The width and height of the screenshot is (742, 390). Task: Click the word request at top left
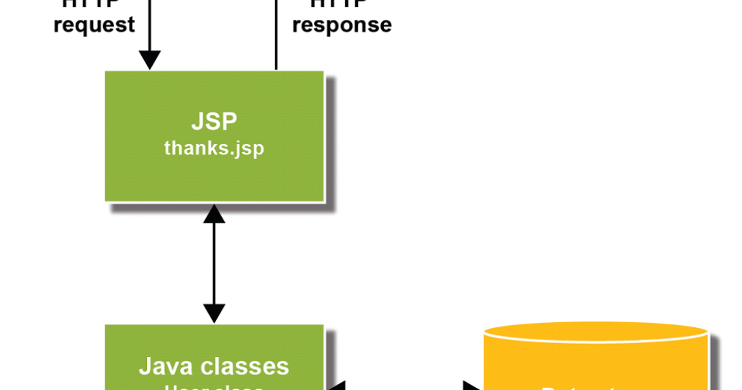pos(94,25)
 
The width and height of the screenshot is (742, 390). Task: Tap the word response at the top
pos(342,25)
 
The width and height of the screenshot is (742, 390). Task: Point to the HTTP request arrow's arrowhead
pos(149,61)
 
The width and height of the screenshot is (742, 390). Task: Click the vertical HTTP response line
pos(276,36)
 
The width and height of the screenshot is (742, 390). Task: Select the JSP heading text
pos(214,121)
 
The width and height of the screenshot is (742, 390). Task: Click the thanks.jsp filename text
pos(214,149)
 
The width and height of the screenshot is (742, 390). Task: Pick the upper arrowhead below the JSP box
pos(214,213)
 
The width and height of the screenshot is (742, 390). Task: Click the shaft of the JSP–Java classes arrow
pos(214,263)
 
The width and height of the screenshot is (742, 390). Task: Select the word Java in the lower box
pos(165,366)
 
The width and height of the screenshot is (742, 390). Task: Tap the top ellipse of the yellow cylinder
pos(596,331)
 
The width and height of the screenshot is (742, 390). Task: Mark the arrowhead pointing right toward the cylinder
pos(473,386)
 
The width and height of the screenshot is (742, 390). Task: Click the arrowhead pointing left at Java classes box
pos(336,386)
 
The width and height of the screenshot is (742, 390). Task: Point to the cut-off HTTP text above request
pos(94,3)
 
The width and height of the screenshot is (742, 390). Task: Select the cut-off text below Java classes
pos(214,386)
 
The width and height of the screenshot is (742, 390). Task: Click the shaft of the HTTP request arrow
pos(149,25)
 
